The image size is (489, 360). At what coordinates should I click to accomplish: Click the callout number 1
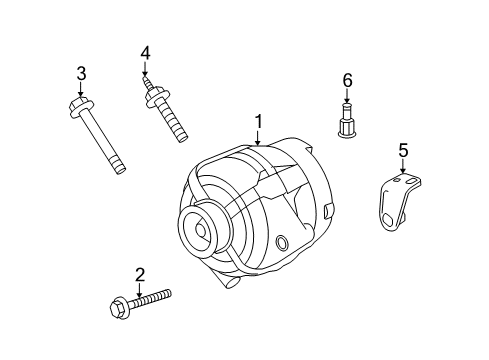(258, 122)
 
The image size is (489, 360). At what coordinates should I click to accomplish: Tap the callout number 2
(140, 274)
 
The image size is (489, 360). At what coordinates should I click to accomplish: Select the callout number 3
(81, 72)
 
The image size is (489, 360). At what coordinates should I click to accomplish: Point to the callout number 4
(145, 53)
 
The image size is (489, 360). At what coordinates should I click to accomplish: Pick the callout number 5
(404, 150)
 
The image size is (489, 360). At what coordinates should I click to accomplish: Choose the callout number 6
(348, 79)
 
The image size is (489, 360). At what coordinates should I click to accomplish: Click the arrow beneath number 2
(140, 288)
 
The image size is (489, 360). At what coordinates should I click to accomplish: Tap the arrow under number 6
(348, 96)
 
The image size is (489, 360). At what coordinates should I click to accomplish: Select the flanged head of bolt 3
(81, 103)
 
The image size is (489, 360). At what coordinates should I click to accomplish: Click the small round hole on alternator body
(282, 243)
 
